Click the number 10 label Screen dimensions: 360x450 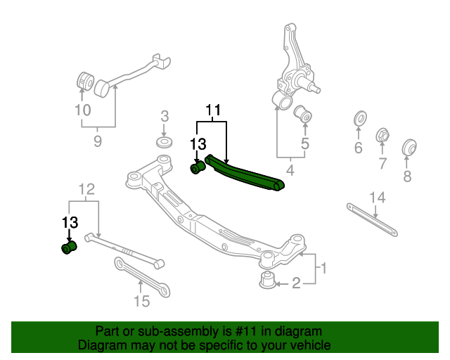tap(82, 110)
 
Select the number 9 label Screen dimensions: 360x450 tap(97, 141)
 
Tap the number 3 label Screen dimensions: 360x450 tap(165, 116)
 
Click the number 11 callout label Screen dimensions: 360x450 tap(213, 110)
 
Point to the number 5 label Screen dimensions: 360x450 tap(304, 145)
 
